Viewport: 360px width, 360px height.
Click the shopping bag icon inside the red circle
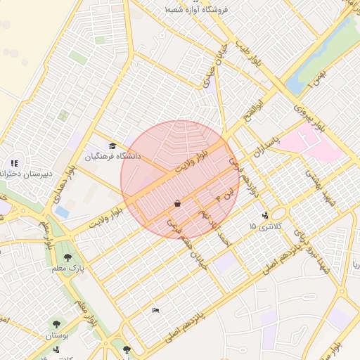[176, 203]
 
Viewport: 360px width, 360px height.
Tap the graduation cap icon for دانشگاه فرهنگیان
[112, 146]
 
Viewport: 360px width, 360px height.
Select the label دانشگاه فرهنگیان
[113, 157]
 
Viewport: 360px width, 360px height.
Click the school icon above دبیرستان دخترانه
[15, 163]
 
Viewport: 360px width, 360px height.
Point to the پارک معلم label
[70, 268]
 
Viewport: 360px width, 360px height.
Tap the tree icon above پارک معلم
[68, 257]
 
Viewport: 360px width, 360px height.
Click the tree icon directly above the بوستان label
[56, 324]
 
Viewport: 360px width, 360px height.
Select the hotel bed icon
[156, 310]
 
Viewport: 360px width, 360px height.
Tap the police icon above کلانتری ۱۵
[264, 215]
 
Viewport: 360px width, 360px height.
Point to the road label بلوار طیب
[248, 59]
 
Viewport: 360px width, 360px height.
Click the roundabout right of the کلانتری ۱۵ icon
[280, 213]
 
